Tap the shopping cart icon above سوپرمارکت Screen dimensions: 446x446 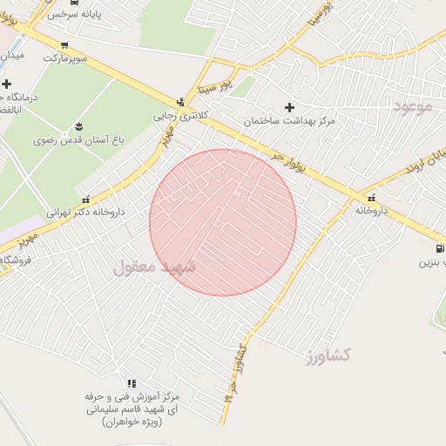(64, 45)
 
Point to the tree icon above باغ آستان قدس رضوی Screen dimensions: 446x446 (79, 127)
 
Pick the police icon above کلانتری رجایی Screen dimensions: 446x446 (180, 102)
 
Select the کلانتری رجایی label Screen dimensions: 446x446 (177, 115)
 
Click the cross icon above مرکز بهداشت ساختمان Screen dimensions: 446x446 (289, 107)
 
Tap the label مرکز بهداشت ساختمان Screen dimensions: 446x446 (289, 120)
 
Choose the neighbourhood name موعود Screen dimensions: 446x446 (412, 107)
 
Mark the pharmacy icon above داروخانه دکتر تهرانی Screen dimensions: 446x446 (84, 199)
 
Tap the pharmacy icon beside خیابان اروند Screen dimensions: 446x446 (372, 198)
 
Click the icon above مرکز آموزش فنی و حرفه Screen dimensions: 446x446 (132, 383)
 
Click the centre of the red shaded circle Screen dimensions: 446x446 (223, 222)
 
